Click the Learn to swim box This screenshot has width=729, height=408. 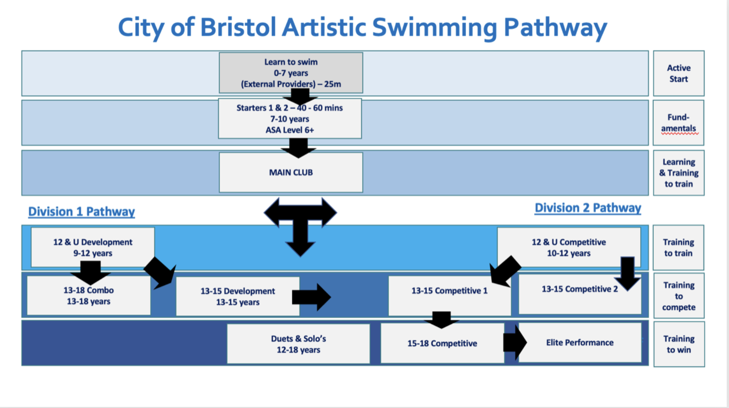(x=291, y=73)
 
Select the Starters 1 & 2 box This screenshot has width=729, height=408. (x=290, y=119)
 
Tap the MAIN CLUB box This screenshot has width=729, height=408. (x=291, y=173)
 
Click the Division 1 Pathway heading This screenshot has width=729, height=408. (x=82, y=212)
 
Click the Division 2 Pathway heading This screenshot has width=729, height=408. (x=588, y=208)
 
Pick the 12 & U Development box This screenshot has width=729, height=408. (x=93, y=247)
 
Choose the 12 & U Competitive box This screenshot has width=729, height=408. (x=568, y=247)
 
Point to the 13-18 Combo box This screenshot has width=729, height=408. (x=89, y=296)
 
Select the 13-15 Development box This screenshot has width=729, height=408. (x=237, y=296)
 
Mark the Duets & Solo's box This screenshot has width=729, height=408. (x=298, y=344)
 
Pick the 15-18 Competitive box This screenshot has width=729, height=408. (x=442, y=343)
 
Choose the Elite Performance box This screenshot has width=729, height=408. (x=580, y=343)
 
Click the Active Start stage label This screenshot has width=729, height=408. (x=678, y=73)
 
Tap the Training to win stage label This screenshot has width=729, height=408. (x=679, y=344)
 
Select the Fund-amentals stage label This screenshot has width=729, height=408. (x=678, y=123)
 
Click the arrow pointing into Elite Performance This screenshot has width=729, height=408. (x=515, y=342)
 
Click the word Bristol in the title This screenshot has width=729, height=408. (x=238, y=28)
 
